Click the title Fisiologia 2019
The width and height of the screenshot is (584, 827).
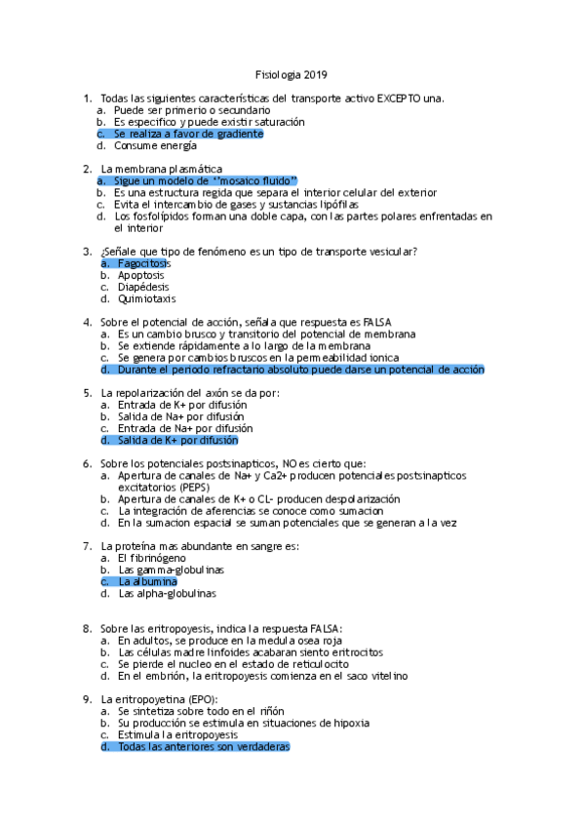point(291,74)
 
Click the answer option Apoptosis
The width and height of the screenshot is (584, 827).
point(140,275)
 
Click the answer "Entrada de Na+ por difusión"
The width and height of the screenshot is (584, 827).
point(184,428)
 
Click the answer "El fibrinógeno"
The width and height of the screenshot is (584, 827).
point(151,557)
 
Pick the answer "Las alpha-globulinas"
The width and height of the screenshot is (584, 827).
point(167,593)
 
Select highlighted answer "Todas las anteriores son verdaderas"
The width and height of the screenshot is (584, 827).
point(203,747)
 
